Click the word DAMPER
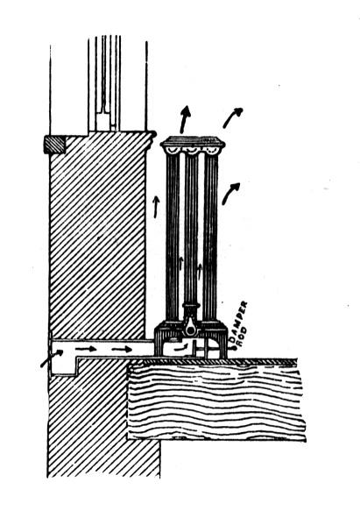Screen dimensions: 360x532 238,321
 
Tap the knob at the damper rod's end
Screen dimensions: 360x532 234,348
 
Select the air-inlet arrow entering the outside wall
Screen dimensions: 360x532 52,358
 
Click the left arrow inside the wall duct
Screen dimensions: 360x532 86,349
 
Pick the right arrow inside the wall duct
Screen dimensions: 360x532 122,349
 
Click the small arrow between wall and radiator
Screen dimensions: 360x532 156,207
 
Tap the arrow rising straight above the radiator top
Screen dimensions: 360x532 185,119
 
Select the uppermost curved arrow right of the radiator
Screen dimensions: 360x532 232,117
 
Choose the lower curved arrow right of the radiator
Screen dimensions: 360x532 230,193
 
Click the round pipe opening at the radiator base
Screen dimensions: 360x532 192,330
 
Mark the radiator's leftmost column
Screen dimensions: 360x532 173,238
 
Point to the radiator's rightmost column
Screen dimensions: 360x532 210,238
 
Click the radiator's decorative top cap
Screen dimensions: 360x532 193,145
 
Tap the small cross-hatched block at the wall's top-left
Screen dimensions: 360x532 54,145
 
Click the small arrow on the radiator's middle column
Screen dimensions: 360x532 181,264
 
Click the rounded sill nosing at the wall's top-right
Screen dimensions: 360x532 152,135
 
